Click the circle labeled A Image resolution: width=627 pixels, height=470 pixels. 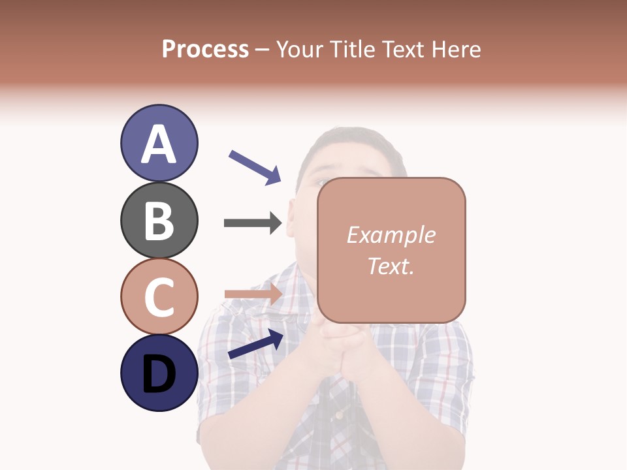pyautogui.click(x=159, y=143)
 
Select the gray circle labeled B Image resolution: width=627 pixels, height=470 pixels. pyautogui.click(x=159, y=220)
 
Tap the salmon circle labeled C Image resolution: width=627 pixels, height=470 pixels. pyautogui.click(x=159, y=296)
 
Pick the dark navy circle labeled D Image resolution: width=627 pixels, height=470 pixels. pyautogui.click(x=159, y=373)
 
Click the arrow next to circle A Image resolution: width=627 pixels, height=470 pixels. pyautogui.click(x=255, y=166)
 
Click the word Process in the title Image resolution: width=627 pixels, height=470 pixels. pyautogui.click(x=205, y=49)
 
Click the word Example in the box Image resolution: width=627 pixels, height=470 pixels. pyautogui.click(x=391, y=235)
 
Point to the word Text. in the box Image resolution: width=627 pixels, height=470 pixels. pyautogui.click(x=391, y=266)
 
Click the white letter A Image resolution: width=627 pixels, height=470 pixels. pyautogui.click(x=159, y=144)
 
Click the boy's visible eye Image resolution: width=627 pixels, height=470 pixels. pyautogui.click(x=322, y=182)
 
